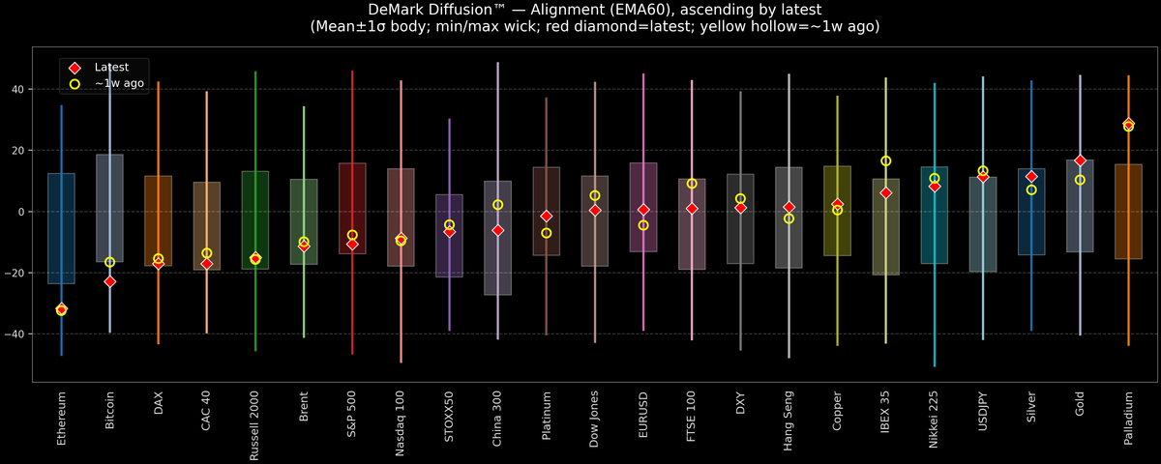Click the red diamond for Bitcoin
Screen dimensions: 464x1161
109,281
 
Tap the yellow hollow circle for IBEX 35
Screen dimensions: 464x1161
885,161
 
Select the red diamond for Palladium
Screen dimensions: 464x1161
1128,124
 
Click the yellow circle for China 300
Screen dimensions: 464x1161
497,205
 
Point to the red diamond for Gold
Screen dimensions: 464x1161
1080,160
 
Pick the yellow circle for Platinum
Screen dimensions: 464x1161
546,233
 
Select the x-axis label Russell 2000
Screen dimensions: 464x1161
255,426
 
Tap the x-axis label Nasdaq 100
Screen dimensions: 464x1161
401,424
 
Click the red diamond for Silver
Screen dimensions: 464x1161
1031,177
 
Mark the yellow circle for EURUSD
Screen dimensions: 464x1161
643,225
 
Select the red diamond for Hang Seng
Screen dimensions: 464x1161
789,208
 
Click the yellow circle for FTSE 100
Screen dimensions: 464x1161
692,184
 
